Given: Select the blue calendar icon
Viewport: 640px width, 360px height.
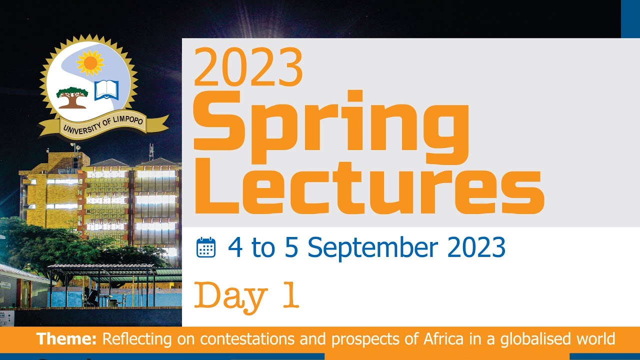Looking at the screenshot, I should (206, 247).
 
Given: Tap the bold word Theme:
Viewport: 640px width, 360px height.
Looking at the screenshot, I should (66, 339).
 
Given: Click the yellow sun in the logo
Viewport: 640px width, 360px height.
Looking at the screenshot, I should (90, 62).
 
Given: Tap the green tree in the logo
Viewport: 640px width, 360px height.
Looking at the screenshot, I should (72, 97).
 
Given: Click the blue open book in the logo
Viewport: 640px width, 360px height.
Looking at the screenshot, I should (106, 90).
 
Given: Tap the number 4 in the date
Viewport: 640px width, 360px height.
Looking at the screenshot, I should (235, 247).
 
